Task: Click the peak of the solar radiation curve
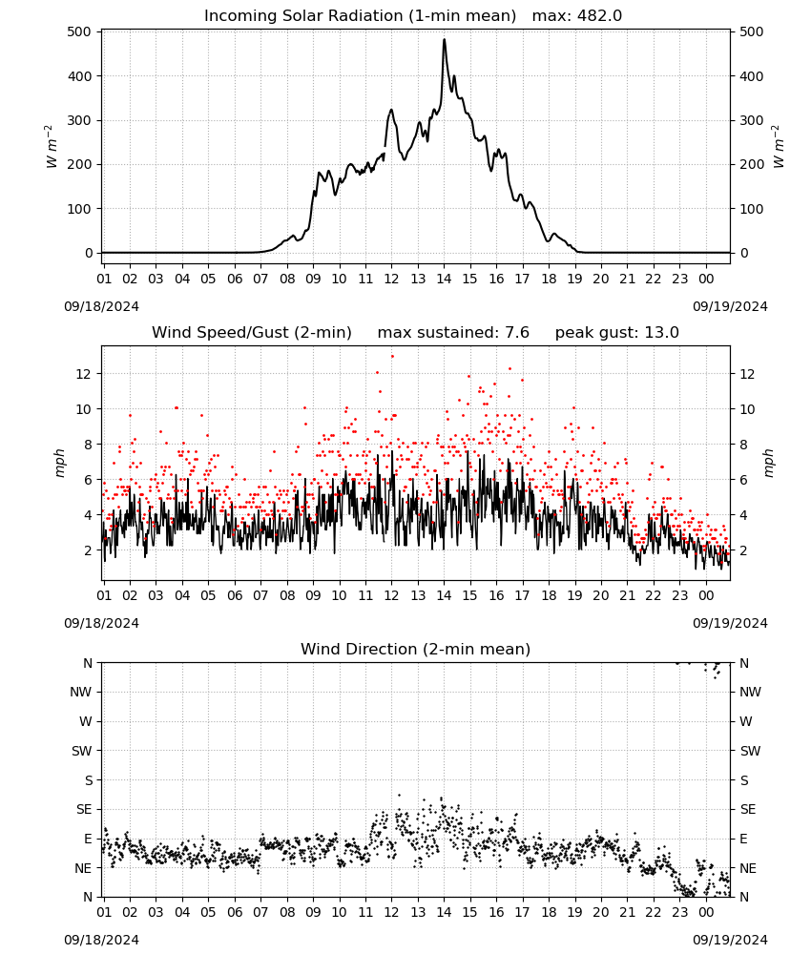pyautogui.click(x=444, y=39)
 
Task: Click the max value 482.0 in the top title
pyautogui.click(x=599, y=15)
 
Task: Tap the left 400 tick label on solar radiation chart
pyautogui.click(x=80, y=76)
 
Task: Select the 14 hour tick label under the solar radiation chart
pyautogui.click(x=444, y=279)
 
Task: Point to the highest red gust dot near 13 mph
pyautogui.click(x=392, y=356)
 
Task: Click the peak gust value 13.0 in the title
pyautogui.click(x=661, y=332)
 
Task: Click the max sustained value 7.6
pyautogui.click(x=517, y=332)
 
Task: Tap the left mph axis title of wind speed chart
pyautogui.click(x=59, y=463)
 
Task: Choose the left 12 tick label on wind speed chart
pyautogui.click(x=84, y=374)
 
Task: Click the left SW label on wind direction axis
pyautogui.click(x=82, y=751)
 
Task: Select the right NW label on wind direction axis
pyautogui.click(x=750, y=692)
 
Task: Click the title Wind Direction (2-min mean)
pyautogui.click(x=416, y=649)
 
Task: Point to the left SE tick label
pyautogui.click(x=84, y=809)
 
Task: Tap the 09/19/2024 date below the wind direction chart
pyautogui.click(x=730, y=940)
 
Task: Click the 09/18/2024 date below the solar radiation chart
pyautogui.click(x=101, y=306)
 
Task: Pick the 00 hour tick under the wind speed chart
pyautogui.click(x=706, y=595)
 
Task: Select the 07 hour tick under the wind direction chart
pyautogui.click(x=260, y=912)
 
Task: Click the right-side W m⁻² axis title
pyautogui.click(x=779, y=147)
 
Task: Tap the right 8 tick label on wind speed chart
pyautogui.click(x=743, y=445)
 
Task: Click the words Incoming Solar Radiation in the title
pyautogui.click(x=303, y=15)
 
